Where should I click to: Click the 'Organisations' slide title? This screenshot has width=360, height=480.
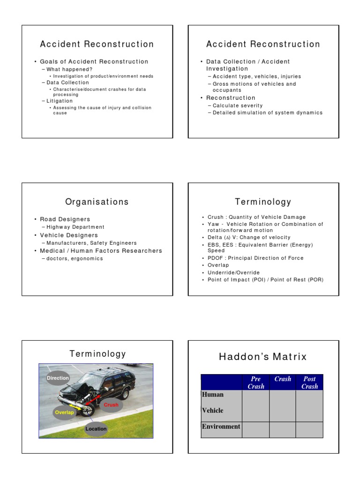(x=97, y=202)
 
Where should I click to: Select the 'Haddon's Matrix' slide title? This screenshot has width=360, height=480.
(x=263, y=357)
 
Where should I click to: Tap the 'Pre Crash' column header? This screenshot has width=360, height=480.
(x=255, y=382)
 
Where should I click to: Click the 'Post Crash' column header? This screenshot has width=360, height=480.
(x=309, y=382)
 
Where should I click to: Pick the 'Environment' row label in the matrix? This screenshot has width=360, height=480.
(x=221, y=427)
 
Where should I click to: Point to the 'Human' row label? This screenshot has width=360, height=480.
(x=213, y=395)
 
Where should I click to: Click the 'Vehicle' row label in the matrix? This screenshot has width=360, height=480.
(x=213, y=411)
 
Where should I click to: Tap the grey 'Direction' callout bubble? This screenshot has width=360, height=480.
(x=58, y=378)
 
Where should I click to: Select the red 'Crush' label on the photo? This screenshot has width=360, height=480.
(x=111, y=405)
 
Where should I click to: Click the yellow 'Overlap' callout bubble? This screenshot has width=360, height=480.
(x=65, y=412)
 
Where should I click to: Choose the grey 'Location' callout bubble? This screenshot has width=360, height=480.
(x=96, y=428)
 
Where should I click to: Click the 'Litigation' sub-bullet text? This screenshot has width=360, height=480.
(x=60, y=101)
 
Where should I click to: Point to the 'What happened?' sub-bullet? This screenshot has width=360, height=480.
(x=69, y=69)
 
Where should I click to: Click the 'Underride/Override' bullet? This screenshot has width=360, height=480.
(x=233, y=272)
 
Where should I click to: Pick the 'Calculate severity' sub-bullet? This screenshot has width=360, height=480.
(x=238, y=105)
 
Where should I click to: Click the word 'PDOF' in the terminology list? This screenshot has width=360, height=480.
(x=216, y=258)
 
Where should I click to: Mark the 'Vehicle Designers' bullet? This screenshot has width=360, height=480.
(x=69, y=235)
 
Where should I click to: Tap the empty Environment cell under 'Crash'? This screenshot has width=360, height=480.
(x=283, y=429)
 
